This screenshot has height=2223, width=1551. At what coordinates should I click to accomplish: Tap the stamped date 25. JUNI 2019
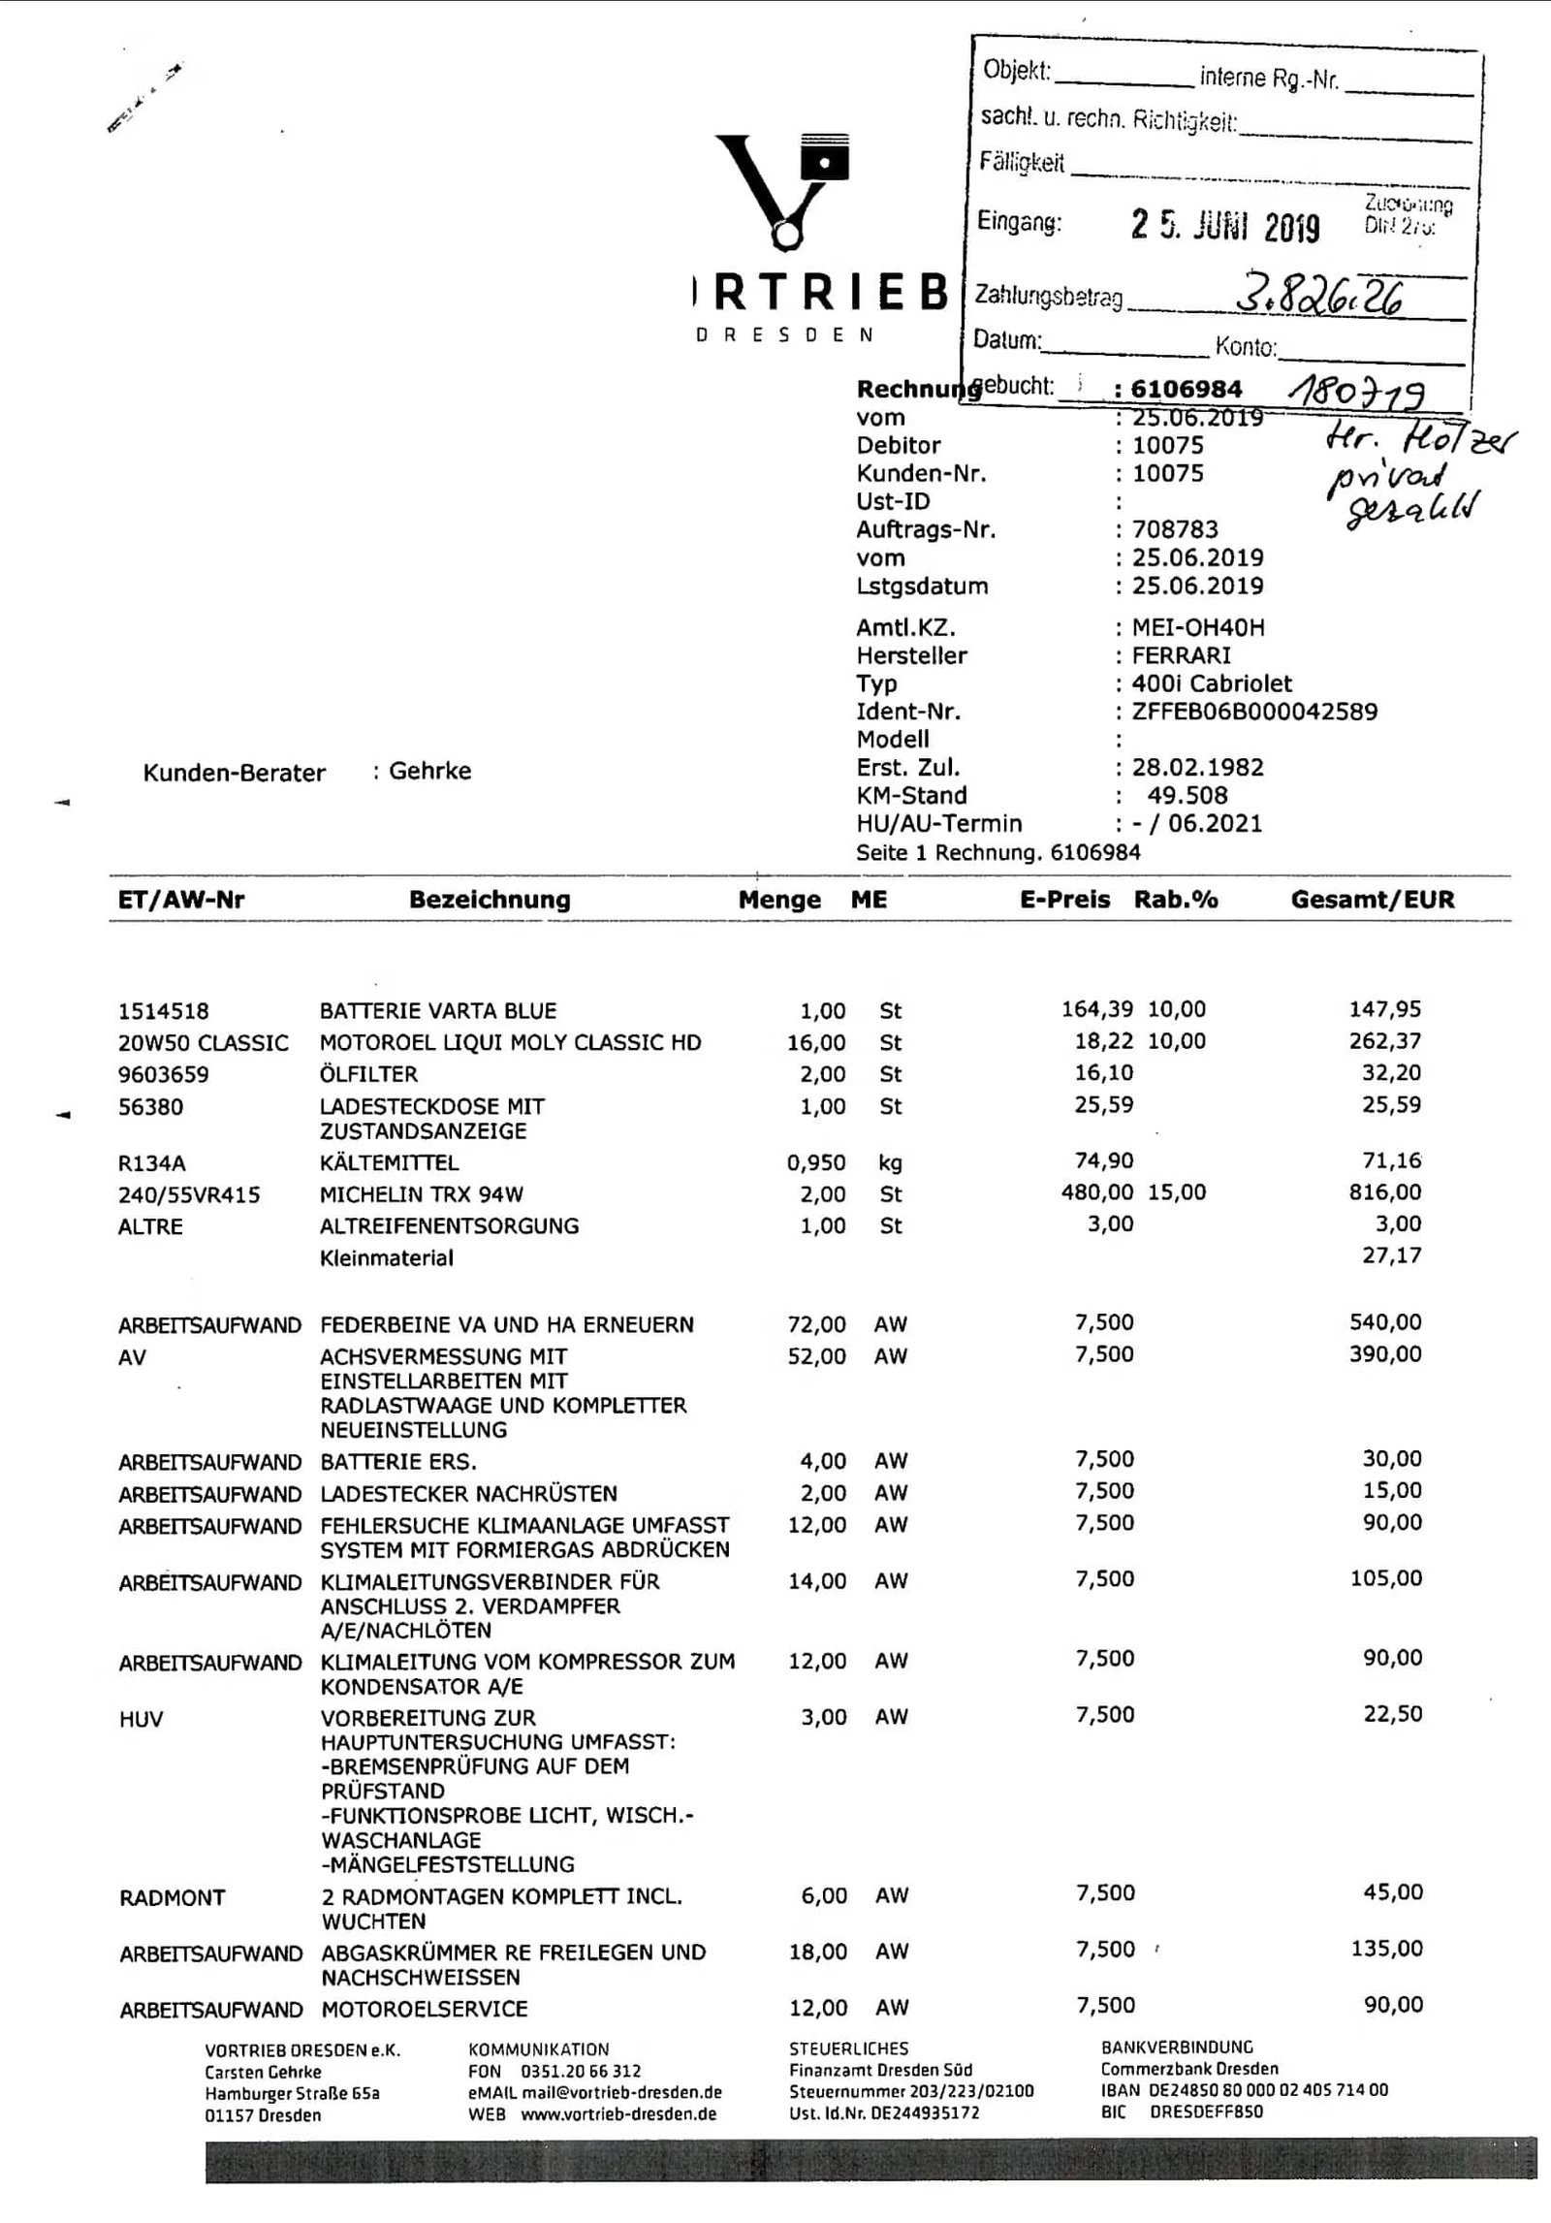tap(1225, 227)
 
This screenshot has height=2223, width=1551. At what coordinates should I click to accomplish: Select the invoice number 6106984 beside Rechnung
tap(1187, 390)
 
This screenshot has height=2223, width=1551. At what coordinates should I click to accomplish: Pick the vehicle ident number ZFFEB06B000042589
tap(1254, 712)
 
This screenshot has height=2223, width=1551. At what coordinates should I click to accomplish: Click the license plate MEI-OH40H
tap(1198, 627)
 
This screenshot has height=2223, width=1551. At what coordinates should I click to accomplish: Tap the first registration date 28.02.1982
tap(1198, 768)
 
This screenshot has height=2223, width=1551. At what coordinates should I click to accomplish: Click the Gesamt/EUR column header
tap(1372, 900)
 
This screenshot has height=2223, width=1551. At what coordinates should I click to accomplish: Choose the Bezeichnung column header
tap(490, 900)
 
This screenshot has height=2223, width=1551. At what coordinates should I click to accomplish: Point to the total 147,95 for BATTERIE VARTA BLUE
tap(1385, 1010)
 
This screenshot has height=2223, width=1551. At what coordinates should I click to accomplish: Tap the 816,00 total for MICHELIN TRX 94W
tap(1385, 1193)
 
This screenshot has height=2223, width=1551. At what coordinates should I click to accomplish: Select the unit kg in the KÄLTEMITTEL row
tap(891, 1162)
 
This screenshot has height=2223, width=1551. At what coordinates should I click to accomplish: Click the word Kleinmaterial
tap(386, 1258)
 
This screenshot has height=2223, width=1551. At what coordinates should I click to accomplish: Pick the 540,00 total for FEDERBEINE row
tap(1385, 1323)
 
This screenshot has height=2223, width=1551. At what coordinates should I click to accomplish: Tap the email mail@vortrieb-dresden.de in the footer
tap(622, 2092)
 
